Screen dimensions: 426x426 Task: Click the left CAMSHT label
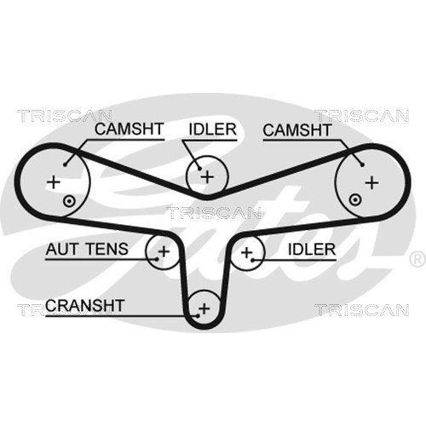pos(130,129)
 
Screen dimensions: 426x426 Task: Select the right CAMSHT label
pos(297,130)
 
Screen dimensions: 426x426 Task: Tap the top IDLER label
pos(213,130)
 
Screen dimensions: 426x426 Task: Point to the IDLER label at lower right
pos(312,250)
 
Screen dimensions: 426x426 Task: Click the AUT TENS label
pos(87,249)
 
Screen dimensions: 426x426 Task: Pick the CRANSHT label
pos(85,306)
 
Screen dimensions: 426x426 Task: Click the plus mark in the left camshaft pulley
pos(54,182)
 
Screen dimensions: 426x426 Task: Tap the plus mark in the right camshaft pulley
pos(372,182)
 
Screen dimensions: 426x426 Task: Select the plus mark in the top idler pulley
pos(207,176)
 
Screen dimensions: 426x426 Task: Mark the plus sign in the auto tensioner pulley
pos(164,251)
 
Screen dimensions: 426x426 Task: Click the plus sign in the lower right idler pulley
pos(246,252)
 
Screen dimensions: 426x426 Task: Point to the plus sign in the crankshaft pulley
pos(204,308)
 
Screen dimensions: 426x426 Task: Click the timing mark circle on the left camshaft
pos(69,202)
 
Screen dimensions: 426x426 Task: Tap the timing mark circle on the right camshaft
pos(355,200)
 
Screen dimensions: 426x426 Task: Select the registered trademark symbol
pos(417,260)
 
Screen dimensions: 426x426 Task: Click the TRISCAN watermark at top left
pos(64,116)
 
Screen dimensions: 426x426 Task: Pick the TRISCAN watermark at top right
pos(362,116)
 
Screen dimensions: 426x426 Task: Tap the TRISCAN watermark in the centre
pos(214,213)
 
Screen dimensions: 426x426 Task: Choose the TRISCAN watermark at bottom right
pos(362,310)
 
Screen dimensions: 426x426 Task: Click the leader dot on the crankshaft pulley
pos(198,315)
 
